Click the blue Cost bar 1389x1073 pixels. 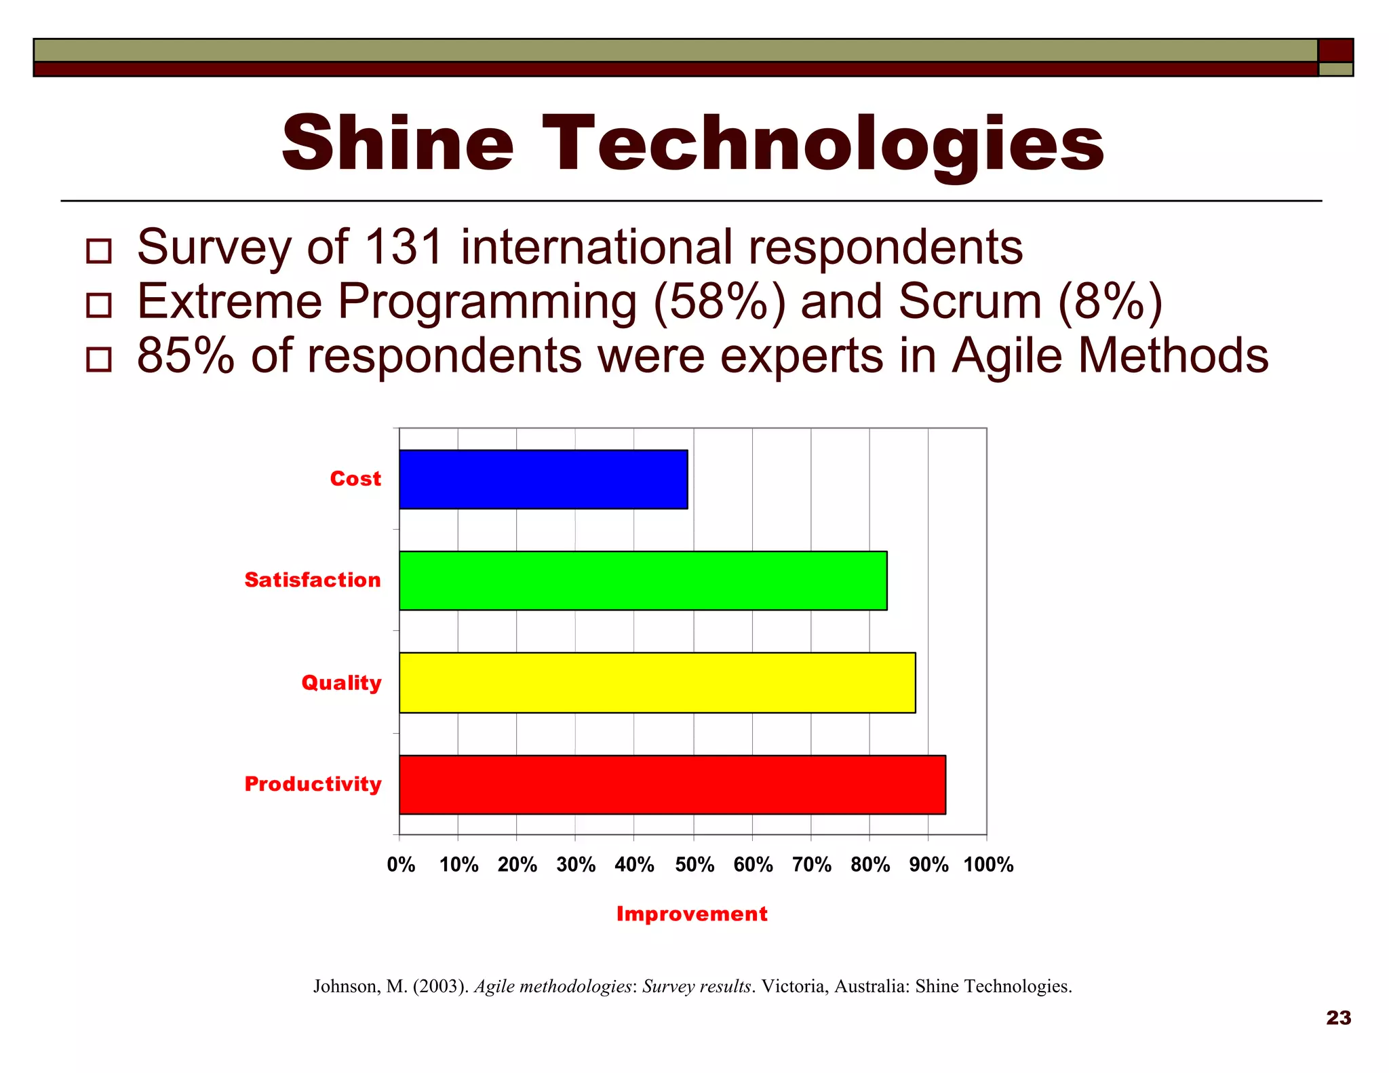pos(543,479)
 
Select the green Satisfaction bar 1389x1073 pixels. pos(642,580)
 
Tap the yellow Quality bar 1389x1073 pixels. pos(657,682)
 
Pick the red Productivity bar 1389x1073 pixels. pos(671,784)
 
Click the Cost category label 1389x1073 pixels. pos(355,479)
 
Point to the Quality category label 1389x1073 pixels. pos(341,682)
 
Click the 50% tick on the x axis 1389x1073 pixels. pos(694,865)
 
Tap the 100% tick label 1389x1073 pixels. pos(988,865)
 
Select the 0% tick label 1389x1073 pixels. pos(401,865)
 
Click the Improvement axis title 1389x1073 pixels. pos(692,914)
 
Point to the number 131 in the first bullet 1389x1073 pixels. pos(404,247)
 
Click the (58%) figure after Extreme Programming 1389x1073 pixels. pos(719,301)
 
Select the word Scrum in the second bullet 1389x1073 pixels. pos(970,301)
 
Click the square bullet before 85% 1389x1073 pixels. pos(99,359)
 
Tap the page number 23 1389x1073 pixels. pos(1338,1017)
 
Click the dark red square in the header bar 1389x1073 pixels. pos(1335,50)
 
